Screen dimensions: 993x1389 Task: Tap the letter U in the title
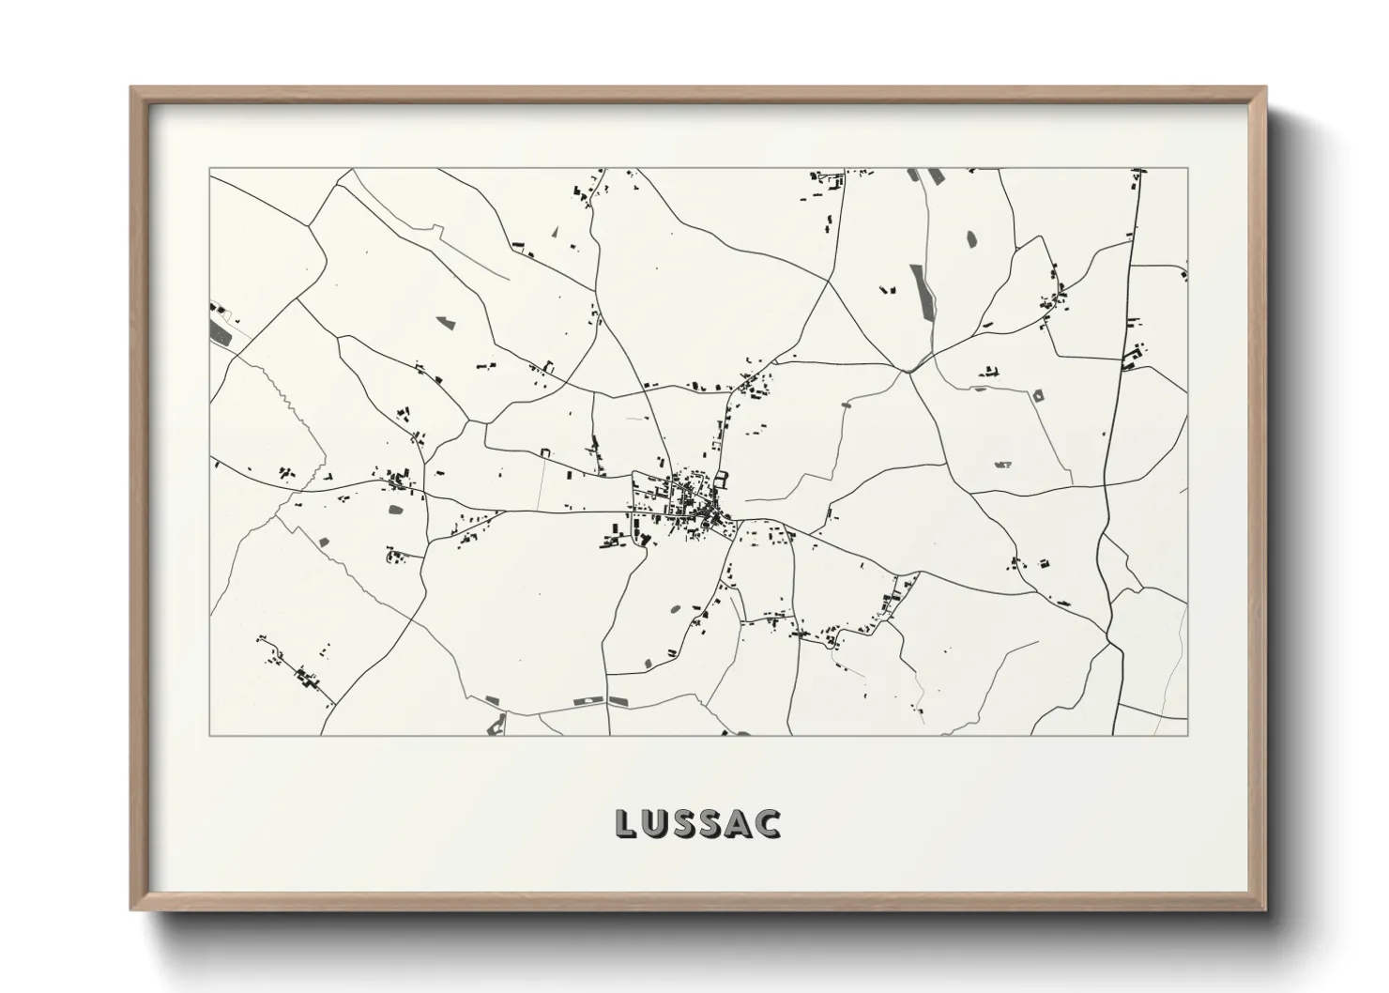click(x=657, y=823)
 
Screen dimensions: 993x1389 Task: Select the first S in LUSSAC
click(x=687, y=823)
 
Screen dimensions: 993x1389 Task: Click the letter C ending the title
click(x=768, y=823)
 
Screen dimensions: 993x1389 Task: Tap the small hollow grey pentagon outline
click(x=1038, y=397)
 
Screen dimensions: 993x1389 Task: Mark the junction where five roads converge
click(x=908, y=372)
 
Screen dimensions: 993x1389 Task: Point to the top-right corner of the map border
click(x=1187, y=168)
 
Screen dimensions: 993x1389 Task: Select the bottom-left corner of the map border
click(x=209, y=735)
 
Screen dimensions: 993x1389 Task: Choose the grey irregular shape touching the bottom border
click(x=496, y=725)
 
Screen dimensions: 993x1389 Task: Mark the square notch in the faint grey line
click(x=543, y=454)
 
